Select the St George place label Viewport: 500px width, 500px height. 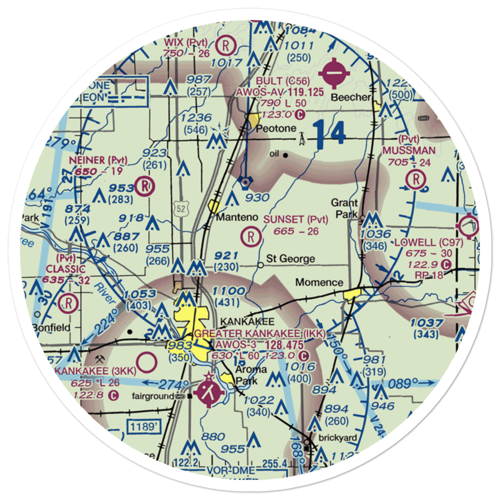click(290, 258)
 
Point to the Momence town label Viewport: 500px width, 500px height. click(319, 282)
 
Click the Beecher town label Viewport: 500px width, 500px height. click(353, 97)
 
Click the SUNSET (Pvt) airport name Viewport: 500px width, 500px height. click(295, 219)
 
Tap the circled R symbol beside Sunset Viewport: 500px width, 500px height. click(250, 236)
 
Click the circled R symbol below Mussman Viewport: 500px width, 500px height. click(415, 179)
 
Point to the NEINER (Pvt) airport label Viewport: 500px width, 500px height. click(98, 160)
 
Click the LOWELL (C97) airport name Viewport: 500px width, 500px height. click(428, 242)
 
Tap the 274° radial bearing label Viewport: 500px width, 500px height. click(171, 385)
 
